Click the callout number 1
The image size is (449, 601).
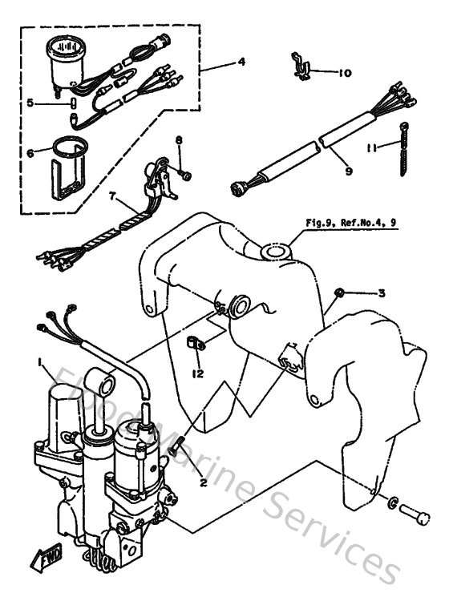(x=39, y=363)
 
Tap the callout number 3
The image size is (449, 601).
(x=382, y=293)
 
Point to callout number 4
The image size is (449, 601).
(x=241, y=62)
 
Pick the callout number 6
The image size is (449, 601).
(x=30, y=152)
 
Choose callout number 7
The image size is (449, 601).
(x=113, y=196)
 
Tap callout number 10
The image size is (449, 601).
(x=344, y=73)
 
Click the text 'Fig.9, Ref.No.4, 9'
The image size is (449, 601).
(x=350, y=224)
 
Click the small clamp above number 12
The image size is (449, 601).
(x=195, y=345)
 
